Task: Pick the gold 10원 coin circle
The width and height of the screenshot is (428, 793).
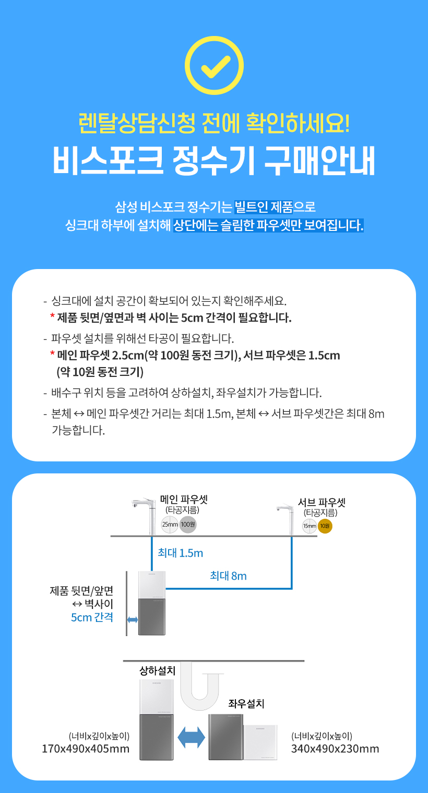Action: [x=325, y=526]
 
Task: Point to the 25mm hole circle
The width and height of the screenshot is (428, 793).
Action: [x=170, y=524]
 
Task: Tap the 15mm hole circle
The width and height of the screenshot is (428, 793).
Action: [x=310, y=526]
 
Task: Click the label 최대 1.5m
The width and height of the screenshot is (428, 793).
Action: [x=180, y=553]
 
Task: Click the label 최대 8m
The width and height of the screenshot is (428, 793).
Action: [x=228, y=576]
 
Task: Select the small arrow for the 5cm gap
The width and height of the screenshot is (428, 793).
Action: [x=133, y=619]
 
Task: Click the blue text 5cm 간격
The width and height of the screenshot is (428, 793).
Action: [x=92, y=618]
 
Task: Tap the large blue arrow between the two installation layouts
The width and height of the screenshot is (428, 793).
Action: [x=191, y=737]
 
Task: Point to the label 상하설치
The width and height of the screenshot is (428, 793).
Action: [x=157, y=670]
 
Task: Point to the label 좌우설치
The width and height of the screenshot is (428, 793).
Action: [x=246, y=704]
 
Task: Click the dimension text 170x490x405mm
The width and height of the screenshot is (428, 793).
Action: [x=86, y=749]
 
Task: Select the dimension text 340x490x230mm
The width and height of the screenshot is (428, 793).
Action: [x=335, y=749]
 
